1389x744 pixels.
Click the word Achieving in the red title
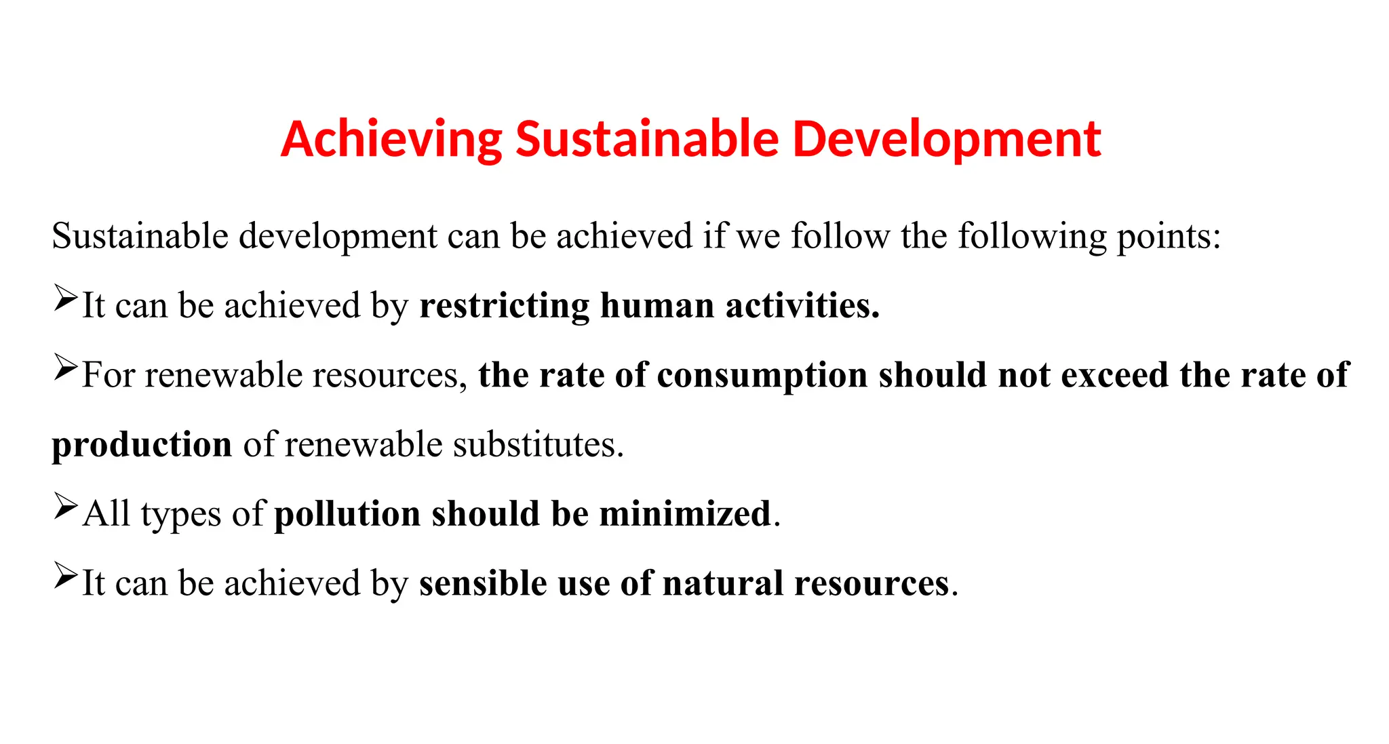click(391, 139)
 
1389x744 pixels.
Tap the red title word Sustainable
click(647, 139)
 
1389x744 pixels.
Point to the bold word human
click(657, 306)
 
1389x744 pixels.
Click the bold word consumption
click(762, 375)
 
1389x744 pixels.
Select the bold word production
click(142, 446)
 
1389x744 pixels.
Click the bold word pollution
click(347, 514)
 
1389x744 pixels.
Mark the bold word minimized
click(686, 514)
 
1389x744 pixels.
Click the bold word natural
click(723, 583)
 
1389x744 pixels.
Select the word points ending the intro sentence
click(1169, 237)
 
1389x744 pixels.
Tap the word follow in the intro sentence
click(840, 236)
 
